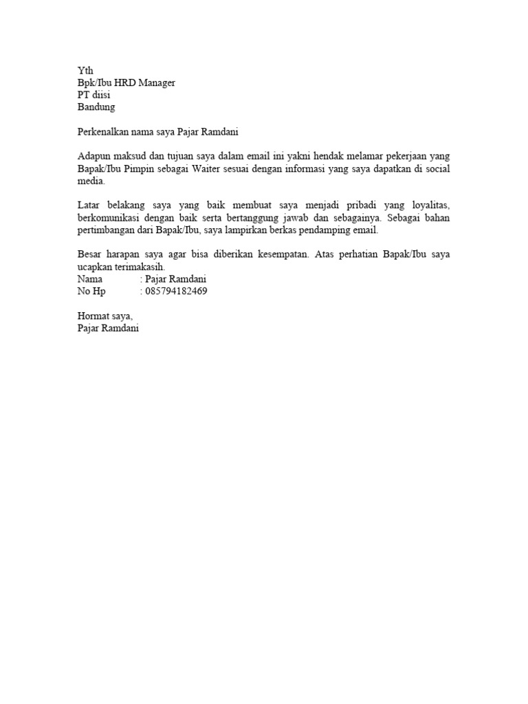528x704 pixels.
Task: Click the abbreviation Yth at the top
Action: click(85, 71)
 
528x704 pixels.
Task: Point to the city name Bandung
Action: click(96, 108)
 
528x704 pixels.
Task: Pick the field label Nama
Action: click(90, 279)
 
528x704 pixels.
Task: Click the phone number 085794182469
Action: click(177, 291)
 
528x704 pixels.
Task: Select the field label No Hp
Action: click(92, 291)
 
